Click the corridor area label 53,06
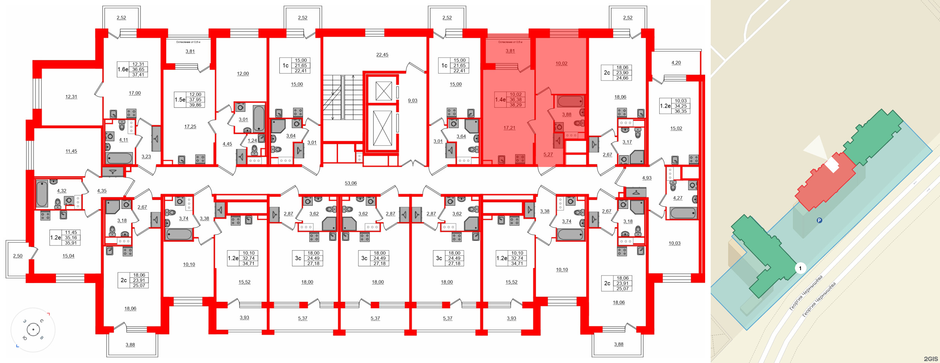[351, 183]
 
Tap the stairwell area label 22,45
[382, 55]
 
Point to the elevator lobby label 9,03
[413, 101]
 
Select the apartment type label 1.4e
[500, 100]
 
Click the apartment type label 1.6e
[123, 70]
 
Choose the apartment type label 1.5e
[180, 100]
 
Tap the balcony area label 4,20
[676, 63]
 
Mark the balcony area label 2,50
[18, 256]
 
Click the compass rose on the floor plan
[33, 330]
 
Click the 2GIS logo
[931, 359]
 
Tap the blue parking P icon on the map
[820, 220]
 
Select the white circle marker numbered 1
[800, 268]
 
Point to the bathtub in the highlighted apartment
[570, 101]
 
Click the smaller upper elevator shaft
[383, 91]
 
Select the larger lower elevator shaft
[383, 128]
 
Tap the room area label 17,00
[135, 93]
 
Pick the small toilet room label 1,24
[252, 141]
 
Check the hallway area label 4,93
[647, 178]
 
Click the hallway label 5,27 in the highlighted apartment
[548, 155]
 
